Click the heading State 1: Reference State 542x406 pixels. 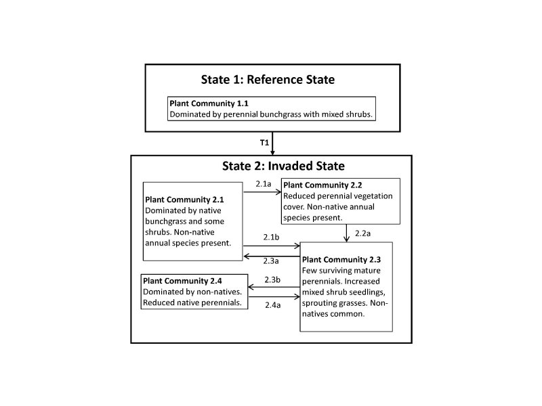pyautogui.click(x=268, y=79)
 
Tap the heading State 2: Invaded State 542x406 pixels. pyautogui.click(x=284, y=166)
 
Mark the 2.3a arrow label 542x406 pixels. pyautogui.click(x=272, y=261)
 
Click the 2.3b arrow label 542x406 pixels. pyautogui.click(x=272, y=279)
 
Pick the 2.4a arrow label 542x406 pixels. pyautogui.click(x=272, y=304)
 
